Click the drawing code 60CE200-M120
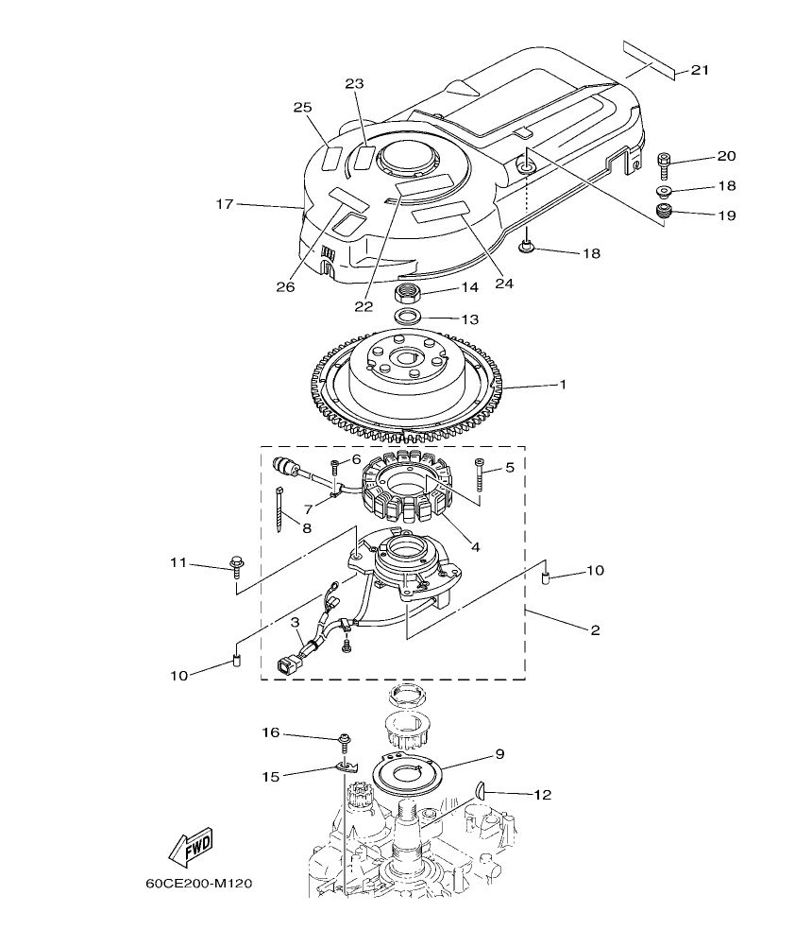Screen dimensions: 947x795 pos(199,886)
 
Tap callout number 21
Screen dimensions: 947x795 pos(700,70)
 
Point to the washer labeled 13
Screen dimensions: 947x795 pos(409,314)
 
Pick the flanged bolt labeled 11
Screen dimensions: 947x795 pos(236,570)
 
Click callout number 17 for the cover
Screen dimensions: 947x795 pos(224,203)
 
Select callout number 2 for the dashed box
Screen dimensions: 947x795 pos(595,629)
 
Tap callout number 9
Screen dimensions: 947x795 pos(499,753)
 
